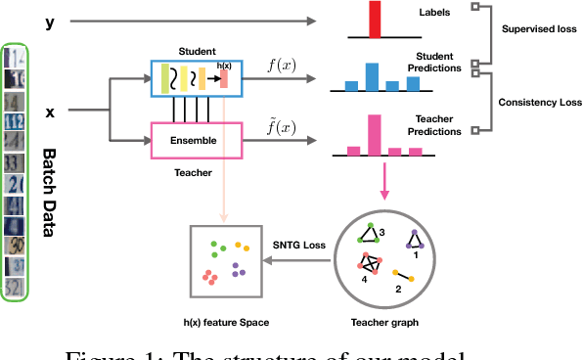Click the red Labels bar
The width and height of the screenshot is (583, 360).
point(373,20)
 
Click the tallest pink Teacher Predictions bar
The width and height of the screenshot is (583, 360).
point(374,135)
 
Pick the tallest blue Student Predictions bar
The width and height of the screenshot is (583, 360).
point(372,76)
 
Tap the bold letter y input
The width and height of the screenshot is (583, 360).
point(50,21)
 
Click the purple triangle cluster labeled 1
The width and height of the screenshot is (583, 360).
point(414,239)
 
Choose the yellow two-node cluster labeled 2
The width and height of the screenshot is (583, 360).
point(400,278)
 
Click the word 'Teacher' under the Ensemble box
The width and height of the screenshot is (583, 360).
point(192,170)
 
